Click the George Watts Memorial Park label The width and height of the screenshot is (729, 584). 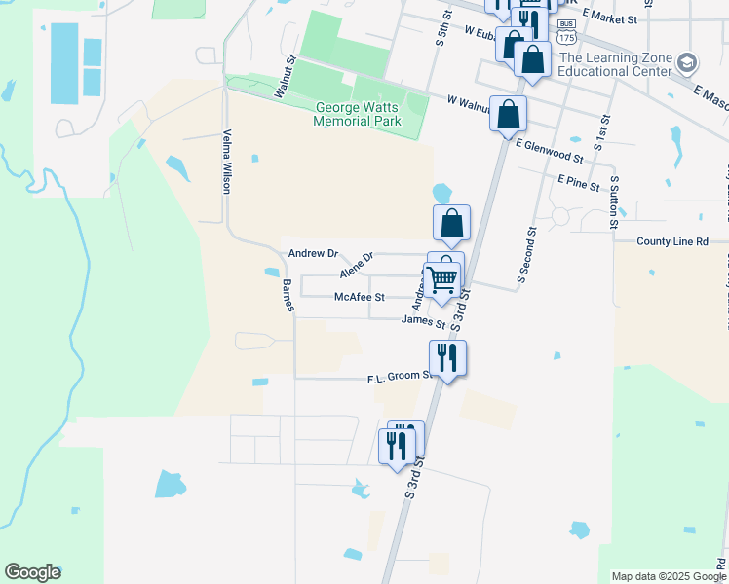point(357,114)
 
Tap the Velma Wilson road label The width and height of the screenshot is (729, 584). point(226,161)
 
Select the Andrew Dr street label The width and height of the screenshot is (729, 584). point(313,253)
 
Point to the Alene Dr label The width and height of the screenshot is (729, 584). point(356,265)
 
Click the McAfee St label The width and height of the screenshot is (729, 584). point(360,297)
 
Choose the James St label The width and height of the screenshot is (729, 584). point(423,322)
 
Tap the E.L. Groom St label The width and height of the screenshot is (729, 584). point(400,376)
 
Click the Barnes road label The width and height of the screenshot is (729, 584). point(288,295)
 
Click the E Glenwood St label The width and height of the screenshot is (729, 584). point(549,151)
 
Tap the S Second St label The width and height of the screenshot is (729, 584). point(527,255)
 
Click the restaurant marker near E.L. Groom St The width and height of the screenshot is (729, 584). point(447,358)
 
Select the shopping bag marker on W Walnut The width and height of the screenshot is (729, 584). point(508,115)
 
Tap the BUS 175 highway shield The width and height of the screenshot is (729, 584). point(566,32)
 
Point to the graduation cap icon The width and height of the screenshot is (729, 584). point(687,64)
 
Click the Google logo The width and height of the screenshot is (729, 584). point(32,572)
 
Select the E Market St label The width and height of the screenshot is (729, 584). point(611,19)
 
